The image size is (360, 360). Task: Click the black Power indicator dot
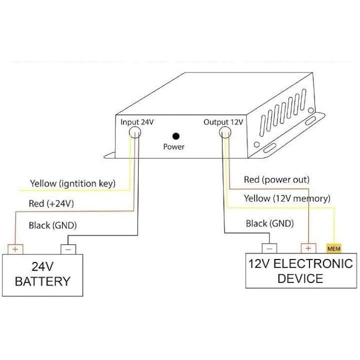point(175,135)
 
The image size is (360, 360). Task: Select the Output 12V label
point(223,122)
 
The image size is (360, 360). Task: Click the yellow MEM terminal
point(333,248)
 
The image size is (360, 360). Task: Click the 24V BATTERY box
point(42,274)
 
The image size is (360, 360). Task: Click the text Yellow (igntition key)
point(73,184)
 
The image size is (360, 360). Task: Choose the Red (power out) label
point(276,179)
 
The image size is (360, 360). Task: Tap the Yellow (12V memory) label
point(287,198)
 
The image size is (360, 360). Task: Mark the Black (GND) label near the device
point(269,223)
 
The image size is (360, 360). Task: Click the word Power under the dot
point(174,147)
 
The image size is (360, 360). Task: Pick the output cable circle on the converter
point(225,132)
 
